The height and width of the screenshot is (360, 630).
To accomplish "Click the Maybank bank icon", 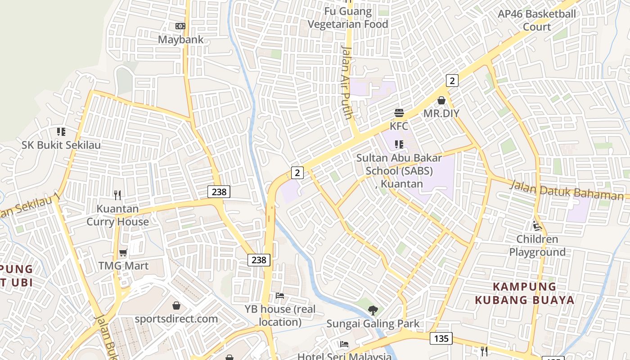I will tap(180, 26).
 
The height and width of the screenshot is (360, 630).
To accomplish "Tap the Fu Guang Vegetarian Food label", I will tap(348, 18).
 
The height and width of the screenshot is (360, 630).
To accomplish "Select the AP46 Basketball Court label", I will tap(536, 20).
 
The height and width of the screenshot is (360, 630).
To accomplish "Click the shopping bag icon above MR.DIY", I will tap(441, 100).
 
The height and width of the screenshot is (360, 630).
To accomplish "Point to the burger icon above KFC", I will tap(399, 112).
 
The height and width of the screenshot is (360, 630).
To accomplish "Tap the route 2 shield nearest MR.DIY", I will tap(452, 81).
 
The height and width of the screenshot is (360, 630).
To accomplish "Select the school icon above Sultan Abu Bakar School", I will tap(399, 144).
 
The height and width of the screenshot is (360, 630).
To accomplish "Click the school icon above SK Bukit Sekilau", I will tap(61, 132).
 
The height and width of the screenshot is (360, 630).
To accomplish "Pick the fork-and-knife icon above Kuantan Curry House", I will tap(117, 195).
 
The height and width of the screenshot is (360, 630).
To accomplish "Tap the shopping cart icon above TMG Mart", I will tap(123, 252).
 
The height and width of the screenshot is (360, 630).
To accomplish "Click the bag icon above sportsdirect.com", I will tap(176, 306).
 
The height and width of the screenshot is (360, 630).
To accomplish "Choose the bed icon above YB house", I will tap(280, 296).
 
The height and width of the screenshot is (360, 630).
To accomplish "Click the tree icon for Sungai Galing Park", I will tap(373, 310).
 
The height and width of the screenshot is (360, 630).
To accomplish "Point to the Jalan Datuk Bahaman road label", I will tap(567, 190).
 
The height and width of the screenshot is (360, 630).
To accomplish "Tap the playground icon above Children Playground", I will tap(537, 225).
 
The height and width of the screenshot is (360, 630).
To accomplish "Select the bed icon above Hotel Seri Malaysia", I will tap(344, 344).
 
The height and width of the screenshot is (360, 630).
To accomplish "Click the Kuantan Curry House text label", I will tap(117, 216).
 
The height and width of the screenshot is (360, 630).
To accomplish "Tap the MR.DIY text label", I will tap(441, 113).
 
